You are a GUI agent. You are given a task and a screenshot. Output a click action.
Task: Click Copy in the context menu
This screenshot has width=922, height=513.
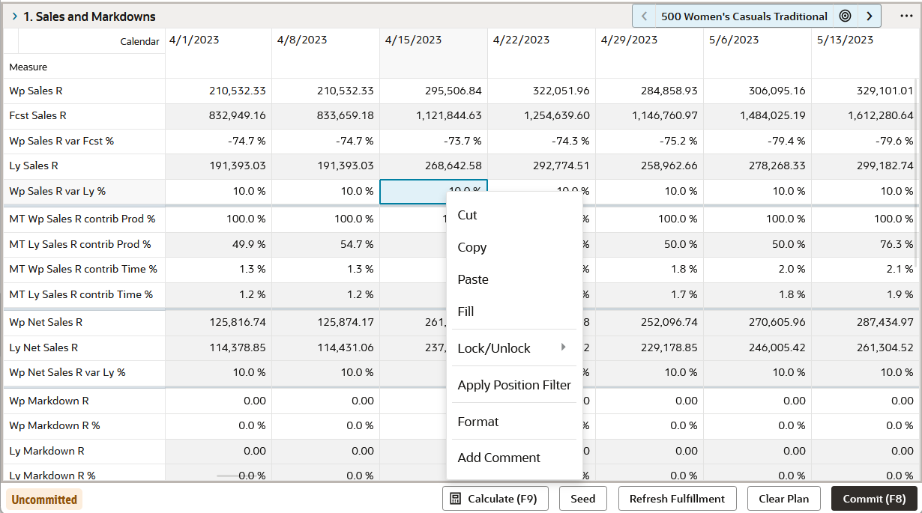472,247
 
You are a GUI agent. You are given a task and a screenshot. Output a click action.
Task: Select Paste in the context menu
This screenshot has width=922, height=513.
473,279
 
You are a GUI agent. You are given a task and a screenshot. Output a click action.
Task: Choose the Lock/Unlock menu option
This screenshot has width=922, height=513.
494,348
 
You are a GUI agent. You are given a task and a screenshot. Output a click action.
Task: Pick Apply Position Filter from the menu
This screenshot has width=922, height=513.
514,385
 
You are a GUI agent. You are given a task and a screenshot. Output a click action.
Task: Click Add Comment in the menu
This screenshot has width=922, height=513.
498,458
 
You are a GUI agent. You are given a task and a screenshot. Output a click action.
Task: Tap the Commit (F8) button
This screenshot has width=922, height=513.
874,499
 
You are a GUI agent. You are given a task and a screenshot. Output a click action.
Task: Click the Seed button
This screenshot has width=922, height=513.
582,499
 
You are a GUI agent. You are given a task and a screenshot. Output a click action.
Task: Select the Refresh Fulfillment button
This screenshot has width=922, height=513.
677,499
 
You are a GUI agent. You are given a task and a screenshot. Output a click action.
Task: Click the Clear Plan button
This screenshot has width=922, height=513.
783,499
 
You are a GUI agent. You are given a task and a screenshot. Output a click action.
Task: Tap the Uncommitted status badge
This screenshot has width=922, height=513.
44,500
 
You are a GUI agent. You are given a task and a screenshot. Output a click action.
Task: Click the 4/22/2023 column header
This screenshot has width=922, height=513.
522,40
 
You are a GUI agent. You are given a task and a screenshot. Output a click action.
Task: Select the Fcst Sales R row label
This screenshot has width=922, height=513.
38,116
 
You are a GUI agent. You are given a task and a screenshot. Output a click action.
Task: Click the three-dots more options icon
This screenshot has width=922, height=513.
906,16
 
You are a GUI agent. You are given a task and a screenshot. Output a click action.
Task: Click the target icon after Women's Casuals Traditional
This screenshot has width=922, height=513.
845,16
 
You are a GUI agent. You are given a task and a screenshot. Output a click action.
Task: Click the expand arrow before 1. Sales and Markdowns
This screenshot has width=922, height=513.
14,16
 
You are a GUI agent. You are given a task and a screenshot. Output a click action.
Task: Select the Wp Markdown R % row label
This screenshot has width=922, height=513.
55,425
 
